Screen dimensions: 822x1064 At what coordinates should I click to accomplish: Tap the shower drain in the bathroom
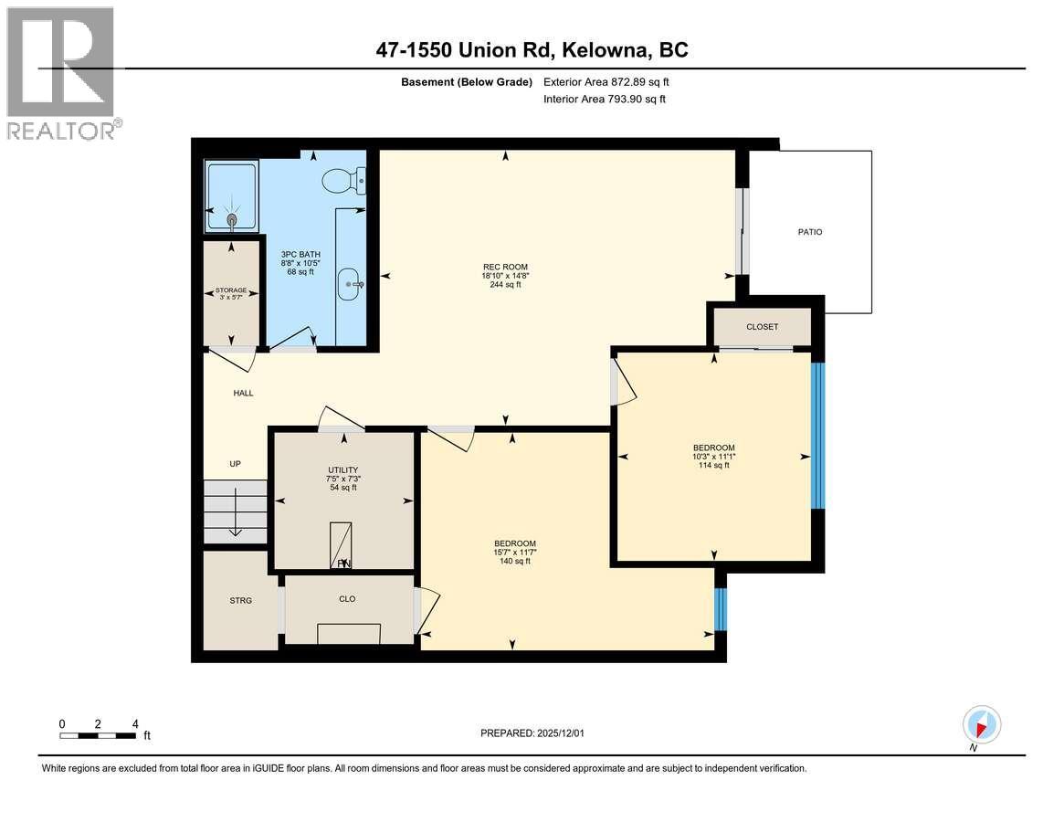coord(231,218)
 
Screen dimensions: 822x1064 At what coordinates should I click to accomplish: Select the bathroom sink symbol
coord(351,284)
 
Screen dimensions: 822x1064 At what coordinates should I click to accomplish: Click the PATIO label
coord(810,232)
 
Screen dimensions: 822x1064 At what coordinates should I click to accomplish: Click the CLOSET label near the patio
coord(762,327)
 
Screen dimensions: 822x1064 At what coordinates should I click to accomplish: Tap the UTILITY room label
coord(342,470)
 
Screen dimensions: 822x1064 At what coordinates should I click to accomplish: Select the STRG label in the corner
coord(240,600)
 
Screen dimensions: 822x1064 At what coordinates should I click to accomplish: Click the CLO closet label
coord(347,599)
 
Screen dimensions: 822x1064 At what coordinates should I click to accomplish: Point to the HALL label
coord(243,393)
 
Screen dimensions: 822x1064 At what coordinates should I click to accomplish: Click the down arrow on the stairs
coord(235,525)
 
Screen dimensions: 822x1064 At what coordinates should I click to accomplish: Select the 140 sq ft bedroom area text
coord(514,561)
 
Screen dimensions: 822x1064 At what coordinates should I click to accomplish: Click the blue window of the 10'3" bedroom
coord(818,437)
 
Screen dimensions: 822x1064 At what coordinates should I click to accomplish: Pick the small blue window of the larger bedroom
coord(720,609)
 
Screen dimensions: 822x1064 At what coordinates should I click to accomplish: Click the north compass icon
coord(982,726)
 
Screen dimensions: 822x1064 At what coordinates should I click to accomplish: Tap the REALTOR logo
coord(60,73)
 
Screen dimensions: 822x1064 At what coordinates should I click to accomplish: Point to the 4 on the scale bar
coord(135,723)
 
